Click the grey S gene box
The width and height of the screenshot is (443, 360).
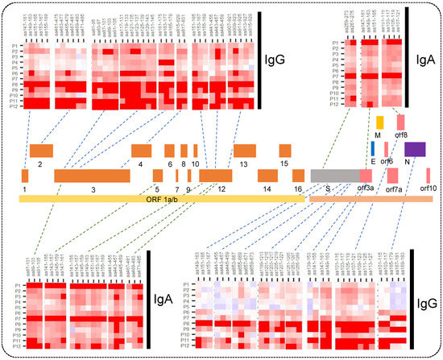tap(330, 176)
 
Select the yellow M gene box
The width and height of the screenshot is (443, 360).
tap(379, 122)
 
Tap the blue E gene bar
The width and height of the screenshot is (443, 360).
tap(373, 149)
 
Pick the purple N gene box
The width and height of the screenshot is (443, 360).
tap(416, 149)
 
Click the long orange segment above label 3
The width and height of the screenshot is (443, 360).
tap(92, 176)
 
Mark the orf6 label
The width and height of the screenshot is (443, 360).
tap(387, 161)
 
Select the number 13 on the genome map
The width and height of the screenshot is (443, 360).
tap(243, 163)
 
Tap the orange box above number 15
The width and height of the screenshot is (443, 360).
tap(285, 150)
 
